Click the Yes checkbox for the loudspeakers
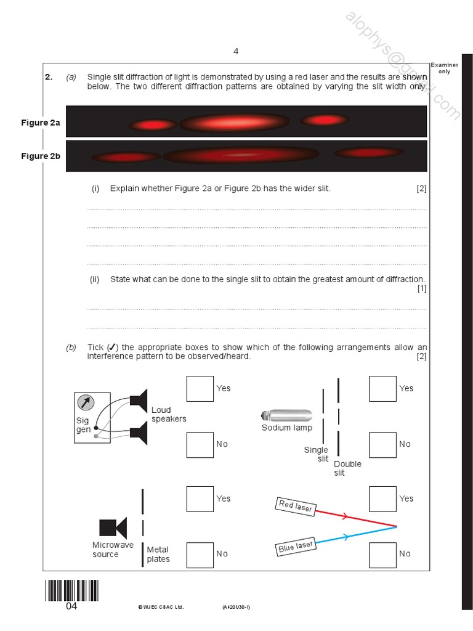pos(200,389)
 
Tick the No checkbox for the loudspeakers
pos(200,444)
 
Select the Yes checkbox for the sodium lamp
pos(382,389)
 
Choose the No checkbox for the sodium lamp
pos(382,444)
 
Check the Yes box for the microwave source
pos(200,499)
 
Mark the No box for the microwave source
pos(200,554)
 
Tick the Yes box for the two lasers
pos(382,499)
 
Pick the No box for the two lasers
pos(382,554)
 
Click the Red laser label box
pos(296,507)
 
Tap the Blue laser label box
pos(296,547)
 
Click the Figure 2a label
pos(41,123)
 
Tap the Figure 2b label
pos(41,157)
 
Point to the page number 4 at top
pos(236,51)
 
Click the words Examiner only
pos(444,68)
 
